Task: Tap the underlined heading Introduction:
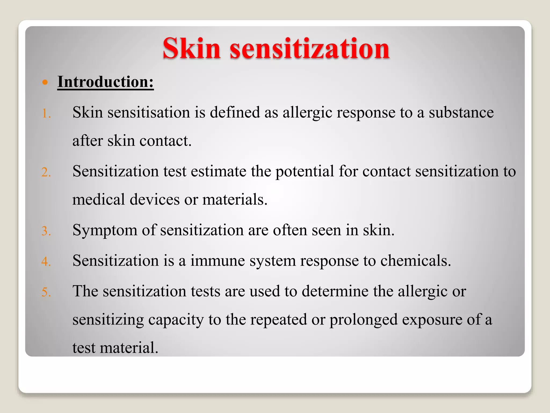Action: point(106,82)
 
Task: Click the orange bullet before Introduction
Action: point(45,82)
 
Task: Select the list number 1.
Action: point(46,113)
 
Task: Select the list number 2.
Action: point(46,172)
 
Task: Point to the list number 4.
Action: point(46,262)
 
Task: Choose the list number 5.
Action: point(46,292)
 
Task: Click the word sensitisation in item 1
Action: point(149,112)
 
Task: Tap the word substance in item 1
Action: point(461,112)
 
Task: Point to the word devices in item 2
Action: point(155,200)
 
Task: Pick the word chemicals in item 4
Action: point(415,261)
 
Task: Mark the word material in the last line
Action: point(129,348)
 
